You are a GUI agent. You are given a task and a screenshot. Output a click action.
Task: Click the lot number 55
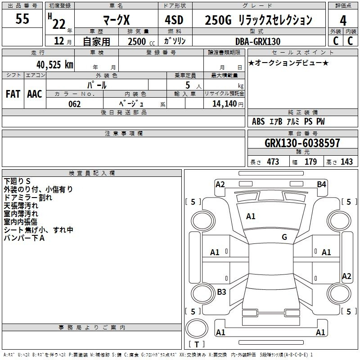tap(22, 18)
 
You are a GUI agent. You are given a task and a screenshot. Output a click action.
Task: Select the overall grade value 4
tap(343, 21)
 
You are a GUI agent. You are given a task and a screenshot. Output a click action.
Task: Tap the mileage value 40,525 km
tap(55, 65)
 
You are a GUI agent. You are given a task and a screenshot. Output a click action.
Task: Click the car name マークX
tap(117, 20)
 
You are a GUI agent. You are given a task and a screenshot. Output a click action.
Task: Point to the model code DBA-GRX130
tap(258, 41)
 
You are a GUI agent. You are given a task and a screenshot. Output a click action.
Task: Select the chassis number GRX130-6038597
tap(302, 143)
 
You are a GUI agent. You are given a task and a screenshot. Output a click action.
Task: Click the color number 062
tap(75, 104)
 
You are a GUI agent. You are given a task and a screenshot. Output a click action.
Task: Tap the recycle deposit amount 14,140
tap(225, 104)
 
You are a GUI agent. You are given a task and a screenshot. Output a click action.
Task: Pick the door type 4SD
tap(174, 20)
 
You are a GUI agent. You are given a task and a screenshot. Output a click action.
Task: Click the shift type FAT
tap(13, 94)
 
